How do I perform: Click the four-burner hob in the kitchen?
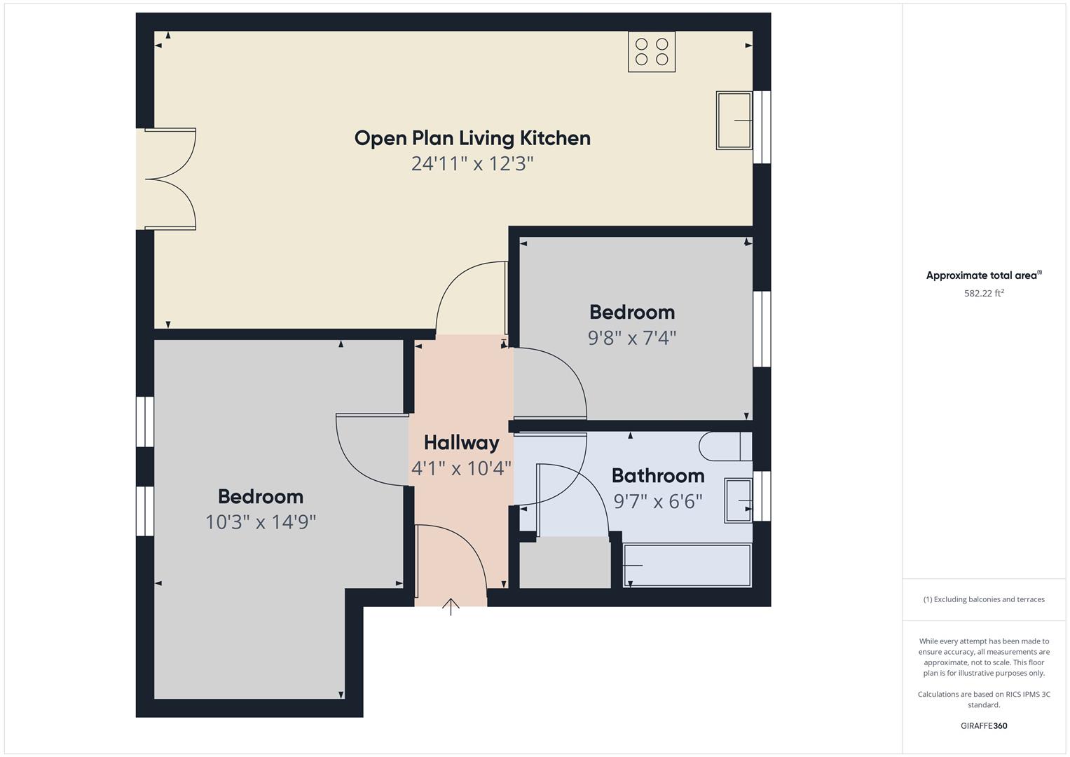(x=652, y=52)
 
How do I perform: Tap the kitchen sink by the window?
(x=734, y=121)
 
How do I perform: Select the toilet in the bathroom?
(x=725, y=446)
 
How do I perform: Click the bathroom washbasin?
(x=739, y=500)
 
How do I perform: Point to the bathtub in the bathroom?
(x=687, y=566)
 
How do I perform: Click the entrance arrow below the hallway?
(x=451, y=607)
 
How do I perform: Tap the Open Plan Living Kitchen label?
(x=472, y=138)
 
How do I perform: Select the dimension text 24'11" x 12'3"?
(x=472, y=163)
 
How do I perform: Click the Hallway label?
(x=462, y=442)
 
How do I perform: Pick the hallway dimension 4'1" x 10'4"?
(x=462, y=468)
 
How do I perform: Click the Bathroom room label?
(x=658, y=475)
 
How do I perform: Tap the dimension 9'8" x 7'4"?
(x=632, y=338)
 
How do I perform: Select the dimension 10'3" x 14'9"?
(x=261, y=522)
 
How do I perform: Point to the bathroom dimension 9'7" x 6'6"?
(x=658, y=501)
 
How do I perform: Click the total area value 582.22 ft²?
(x=984, y=293)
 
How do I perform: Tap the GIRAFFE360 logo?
(x=984, y=725)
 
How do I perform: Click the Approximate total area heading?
(x=984, y=275)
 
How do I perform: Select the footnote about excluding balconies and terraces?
(x=984, y=599)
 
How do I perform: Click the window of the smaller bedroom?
(x=762, y=329)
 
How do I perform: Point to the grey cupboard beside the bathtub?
(x=565, y=562)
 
